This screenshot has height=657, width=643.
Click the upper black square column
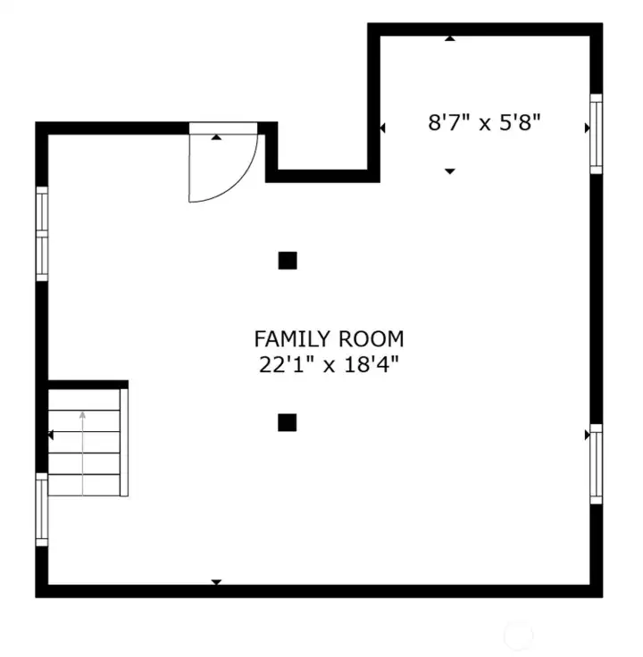(288, 261)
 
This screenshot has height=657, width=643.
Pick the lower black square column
(287, 422)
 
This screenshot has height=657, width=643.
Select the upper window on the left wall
(41, 233)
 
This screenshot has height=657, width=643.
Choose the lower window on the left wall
(41, 509)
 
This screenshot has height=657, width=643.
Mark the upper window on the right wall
(596, 133)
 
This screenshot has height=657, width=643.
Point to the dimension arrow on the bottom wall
(215, 582)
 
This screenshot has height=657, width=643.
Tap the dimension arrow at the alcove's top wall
(450, 38)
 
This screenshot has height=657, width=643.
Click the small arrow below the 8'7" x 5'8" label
(450, 170)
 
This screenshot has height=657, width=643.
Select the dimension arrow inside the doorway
(217, 137)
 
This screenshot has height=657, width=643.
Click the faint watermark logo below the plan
(518, 635)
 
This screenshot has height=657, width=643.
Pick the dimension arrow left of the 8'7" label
(383, 129)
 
